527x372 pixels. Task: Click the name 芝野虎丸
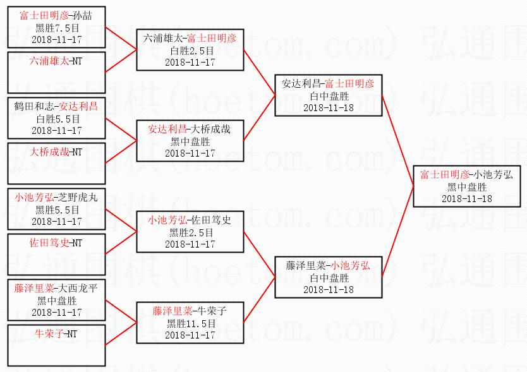click(x=78, y=198)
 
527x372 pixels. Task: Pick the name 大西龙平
click(x=78, y=288)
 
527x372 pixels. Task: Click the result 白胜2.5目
click(x=190, y=51)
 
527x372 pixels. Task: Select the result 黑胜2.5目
click(x=190, y=232)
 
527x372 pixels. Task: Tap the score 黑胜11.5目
click(x=190, y=323)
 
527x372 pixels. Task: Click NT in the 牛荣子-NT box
click(x=73, y=333)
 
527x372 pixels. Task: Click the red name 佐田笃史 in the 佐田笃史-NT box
click(x=48, y=243)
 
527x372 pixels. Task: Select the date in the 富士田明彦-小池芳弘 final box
click(x=466, y=198)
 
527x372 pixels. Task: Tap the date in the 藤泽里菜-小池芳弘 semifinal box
click(x=328, y=289)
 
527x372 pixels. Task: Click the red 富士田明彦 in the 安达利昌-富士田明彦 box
click(x=351, y=83)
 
